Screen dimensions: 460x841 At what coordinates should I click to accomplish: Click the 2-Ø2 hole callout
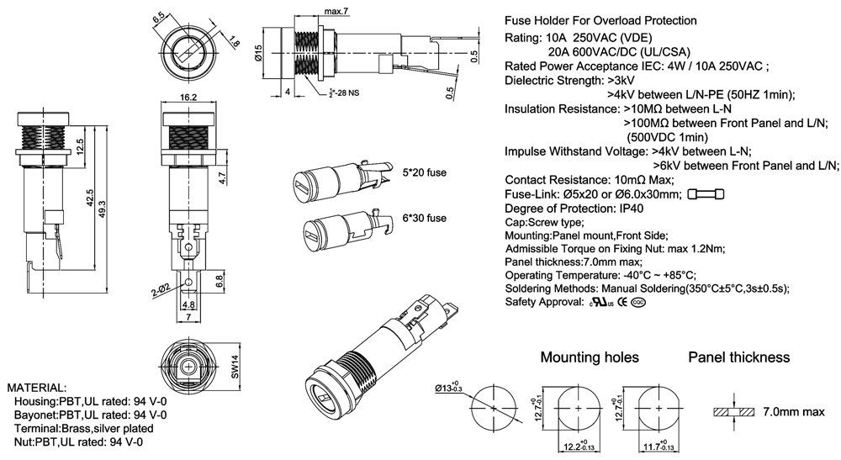tap(161, 288)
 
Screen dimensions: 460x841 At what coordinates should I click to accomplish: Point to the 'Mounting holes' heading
tap(589, 357)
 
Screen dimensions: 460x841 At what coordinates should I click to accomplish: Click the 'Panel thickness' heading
tap(739, 357)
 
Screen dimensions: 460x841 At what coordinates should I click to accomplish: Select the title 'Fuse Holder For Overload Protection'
tap(600, 20)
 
